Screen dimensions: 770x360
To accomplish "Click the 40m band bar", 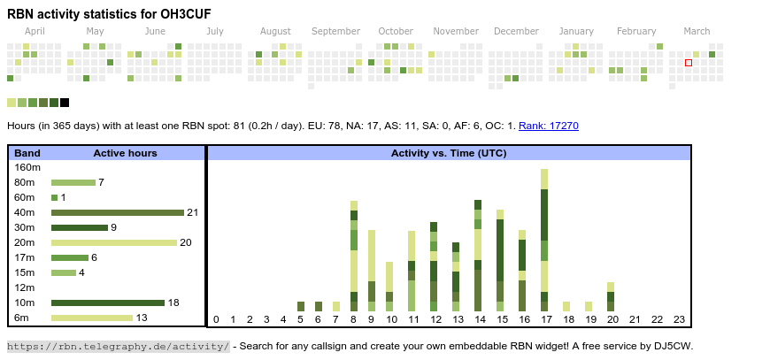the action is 118,212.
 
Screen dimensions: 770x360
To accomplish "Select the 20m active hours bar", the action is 114,242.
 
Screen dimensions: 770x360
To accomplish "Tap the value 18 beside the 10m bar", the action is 173,303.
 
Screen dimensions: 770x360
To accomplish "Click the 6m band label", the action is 21,318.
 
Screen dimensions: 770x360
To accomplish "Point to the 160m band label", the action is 27,167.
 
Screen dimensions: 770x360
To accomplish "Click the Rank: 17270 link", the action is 549,126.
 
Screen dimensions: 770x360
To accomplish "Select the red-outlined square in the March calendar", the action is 689,63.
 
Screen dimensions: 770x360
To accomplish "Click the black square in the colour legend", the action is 65,103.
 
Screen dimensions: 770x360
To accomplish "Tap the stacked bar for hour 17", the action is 544,240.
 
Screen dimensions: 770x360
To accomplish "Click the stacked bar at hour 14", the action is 478,256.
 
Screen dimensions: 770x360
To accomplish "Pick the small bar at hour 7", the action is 336,307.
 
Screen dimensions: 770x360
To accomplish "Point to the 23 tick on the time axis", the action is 679,320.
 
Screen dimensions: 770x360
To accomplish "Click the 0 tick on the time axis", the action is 216,320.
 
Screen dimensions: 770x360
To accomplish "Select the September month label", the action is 336,31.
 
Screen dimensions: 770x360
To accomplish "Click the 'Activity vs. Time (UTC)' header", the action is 449,153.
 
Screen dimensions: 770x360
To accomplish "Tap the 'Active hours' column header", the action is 125,153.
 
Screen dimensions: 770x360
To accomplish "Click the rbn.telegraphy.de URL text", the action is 119,346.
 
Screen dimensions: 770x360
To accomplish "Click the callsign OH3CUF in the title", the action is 186,14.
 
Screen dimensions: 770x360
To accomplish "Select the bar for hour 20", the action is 611,296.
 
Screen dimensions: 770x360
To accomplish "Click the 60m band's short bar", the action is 55,197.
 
